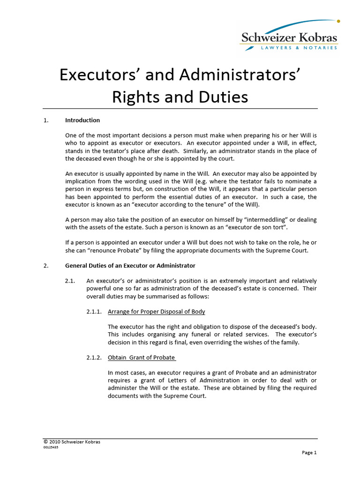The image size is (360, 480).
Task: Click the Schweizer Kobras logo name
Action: [289, 37]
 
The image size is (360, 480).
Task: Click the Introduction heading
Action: [82, 120]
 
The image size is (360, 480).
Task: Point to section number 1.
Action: [46, 120]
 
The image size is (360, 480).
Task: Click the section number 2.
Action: [46, 266]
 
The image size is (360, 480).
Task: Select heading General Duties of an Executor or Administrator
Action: [130, 266]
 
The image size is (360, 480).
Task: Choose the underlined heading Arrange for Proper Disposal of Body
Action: [156, 312]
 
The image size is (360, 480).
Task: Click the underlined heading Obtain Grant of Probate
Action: [142, 358]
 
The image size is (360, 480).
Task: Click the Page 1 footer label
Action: [309, 453]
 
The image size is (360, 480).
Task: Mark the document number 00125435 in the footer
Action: [51, 447]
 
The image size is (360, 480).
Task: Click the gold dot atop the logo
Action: [338, 21]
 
